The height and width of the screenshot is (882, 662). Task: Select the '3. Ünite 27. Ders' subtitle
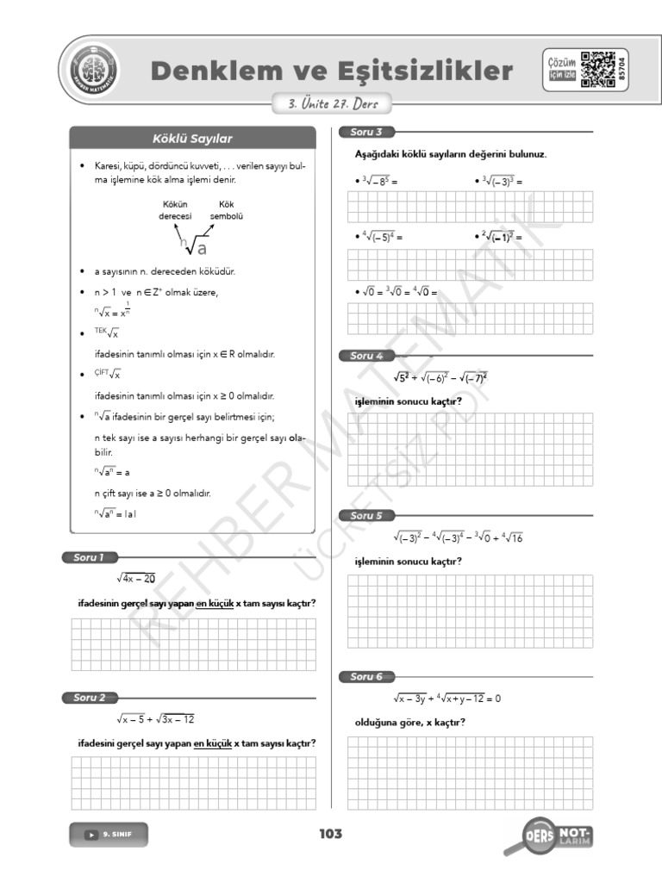coord(327,104)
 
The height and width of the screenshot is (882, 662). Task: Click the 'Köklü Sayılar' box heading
coord(192,138)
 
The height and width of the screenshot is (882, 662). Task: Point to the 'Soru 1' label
coord(89,557)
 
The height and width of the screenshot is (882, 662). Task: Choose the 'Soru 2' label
coord(90,697)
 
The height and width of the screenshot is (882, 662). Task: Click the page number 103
coord(330,834)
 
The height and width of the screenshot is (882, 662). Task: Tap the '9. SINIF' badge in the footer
coord(109,834)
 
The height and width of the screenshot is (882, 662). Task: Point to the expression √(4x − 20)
coord(136,578)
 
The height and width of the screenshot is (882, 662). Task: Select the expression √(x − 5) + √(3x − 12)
coord(160,718)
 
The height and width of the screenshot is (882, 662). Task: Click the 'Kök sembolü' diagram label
coord(227,211)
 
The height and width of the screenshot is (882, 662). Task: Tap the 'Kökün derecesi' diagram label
coord(175,211)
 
